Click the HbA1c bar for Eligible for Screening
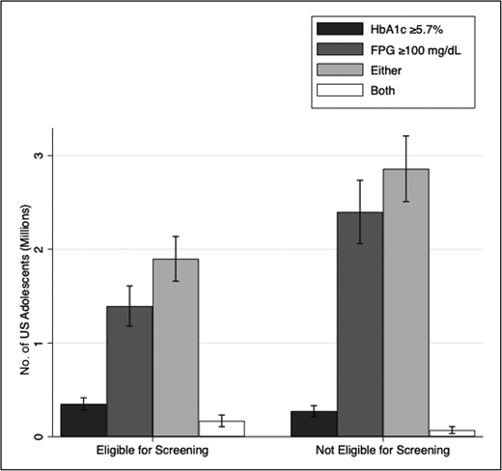(84, 420)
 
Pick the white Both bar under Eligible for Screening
(221, 429)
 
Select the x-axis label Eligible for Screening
(153, 452)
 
